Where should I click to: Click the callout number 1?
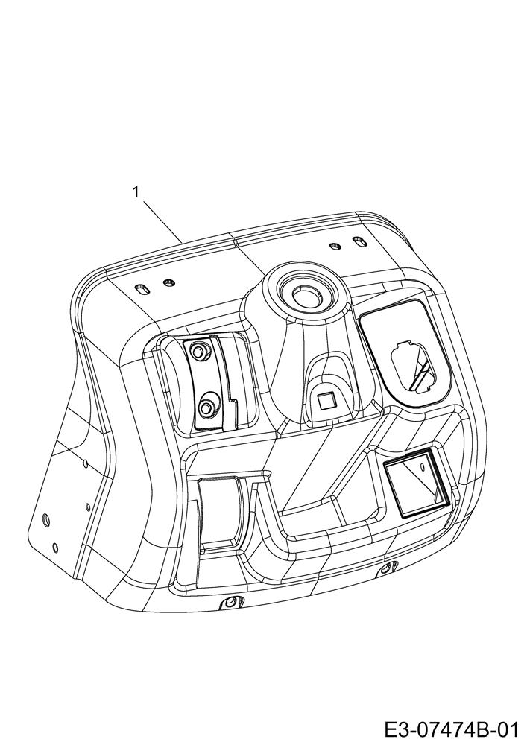[136, 191]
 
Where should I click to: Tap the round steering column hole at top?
[303, 296]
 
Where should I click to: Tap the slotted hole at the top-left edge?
[141, 290]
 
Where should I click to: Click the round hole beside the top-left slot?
[168, 284]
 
